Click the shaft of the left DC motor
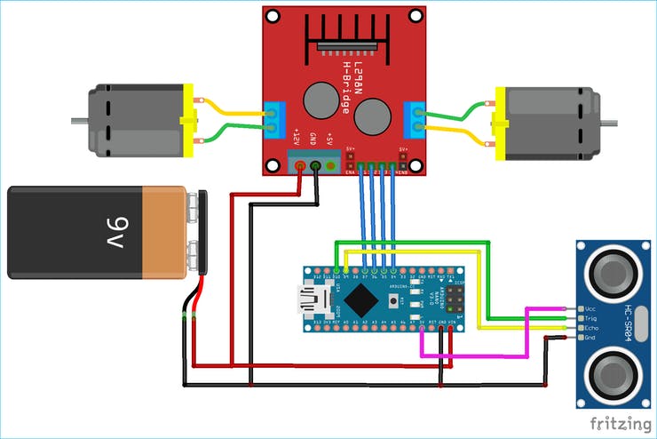tap(81, 119)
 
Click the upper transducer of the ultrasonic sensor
tap(613, 269)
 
